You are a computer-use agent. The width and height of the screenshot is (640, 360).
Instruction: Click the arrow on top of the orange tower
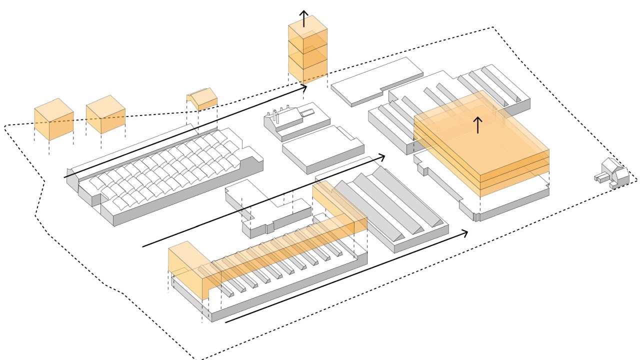(303, 17)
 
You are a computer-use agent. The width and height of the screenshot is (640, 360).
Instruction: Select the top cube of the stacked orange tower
(307, 32)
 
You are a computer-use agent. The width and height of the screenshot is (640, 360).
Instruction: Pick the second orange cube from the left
(105, 115)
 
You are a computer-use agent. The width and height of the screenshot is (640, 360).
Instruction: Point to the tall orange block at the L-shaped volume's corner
(187, 270)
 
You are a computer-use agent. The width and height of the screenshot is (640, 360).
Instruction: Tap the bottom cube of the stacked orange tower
(307, 70)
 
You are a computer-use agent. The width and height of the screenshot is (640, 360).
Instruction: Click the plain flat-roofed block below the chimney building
(322, 147)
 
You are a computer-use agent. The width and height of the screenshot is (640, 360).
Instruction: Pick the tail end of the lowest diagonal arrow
(226, 322)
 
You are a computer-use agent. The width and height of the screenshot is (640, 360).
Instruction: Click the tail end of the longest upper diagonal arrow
(65, 177)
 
